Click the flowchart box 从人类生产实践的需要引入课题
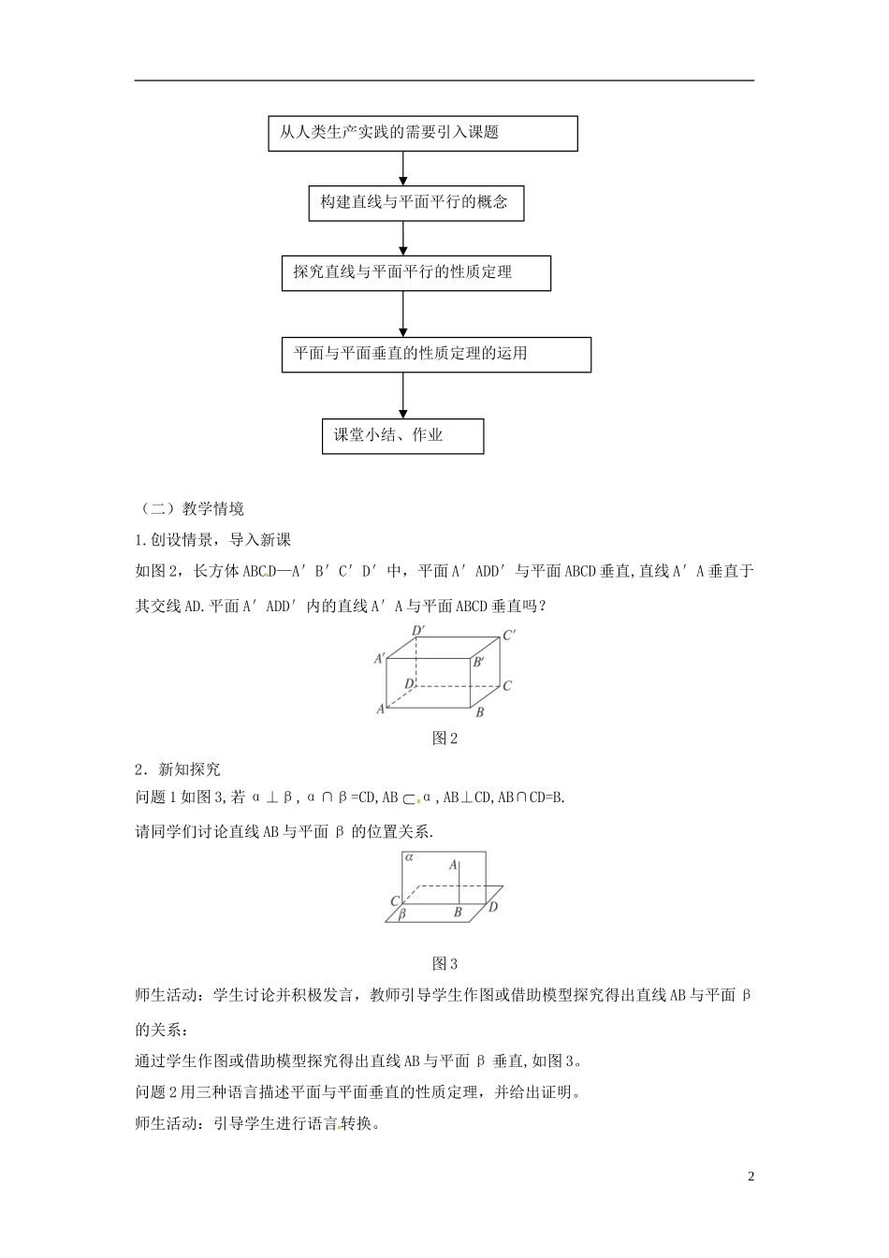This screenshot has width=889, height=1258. pyautogui.click(x=422, y=133)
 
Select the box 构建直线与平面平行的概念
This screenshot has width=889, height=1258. pyautogui.click(x=415, y=202)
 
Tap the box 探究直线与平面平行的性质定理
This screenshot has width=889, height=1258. pyautogui.click(x=415, y=272)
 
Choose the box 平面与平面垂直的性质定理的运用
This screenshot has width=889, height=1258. pyautogui.click(x=436, y=354)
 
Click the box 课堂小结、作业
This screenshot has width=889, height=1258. pyautogui.click(x=402, y=436)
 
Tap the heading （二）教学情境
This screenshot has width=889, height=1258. pyautogui.click(x=191, y=508)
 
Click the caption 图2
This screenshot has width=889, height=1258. pyautogui.click(x=444, y=739)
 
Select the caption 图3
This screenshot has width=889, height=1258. pyautogui.click(x=444, y=963)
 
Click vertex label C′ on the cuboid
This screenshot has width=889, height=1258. pyautogui.click(x=510, y=636)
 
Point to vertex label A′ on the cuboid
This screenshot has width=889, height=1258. pyautogui.click(x=380, y=659)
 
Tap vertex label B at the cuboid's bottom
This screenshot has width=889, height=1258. pyautogui.click(x=479, y=713)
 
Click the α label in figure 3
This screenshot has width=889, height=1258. pyautogui.click(x=410, y=857)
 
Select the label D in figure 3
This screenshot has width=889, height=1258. pyautogui.click(x=493, y=906)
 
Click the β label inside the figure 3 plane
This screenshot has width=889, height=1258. pyautogui.click(x=401, y=914)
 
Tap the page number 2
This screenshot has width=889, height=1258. pyautogui.click(x=751, y=1177)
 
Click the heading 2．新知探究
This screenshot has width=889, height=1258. pyautogui.click(x=178, y=769)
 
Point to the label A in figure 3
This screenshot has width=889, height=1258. pyautogui.click(x=453, y=866)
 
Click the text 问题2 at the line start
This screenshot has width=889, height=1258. pyautogui.click(x=154, y=1091)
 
